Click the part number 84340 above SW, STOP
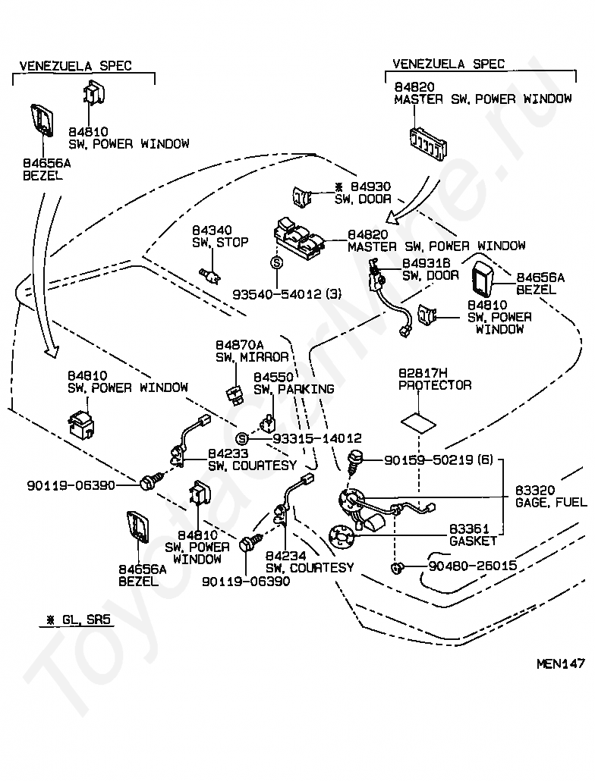pos(212,230)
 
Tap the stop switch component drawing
pos(210,275)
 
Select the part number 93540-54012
pos(276,294)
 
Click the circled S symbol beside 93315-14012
pos(241,438)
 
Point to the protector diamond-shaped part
pos(419,423)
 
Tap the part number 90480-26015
pos(472,566)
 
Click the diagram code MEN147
pos(561,663)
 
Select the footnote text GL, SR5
pos(86,620)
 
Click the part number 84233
pos(228,453)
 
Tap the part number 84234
pos(285,555)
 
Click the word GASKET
pos(473,541)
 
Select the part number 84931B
pos(426,263)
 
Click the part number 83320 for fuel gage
pos(535,491)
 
